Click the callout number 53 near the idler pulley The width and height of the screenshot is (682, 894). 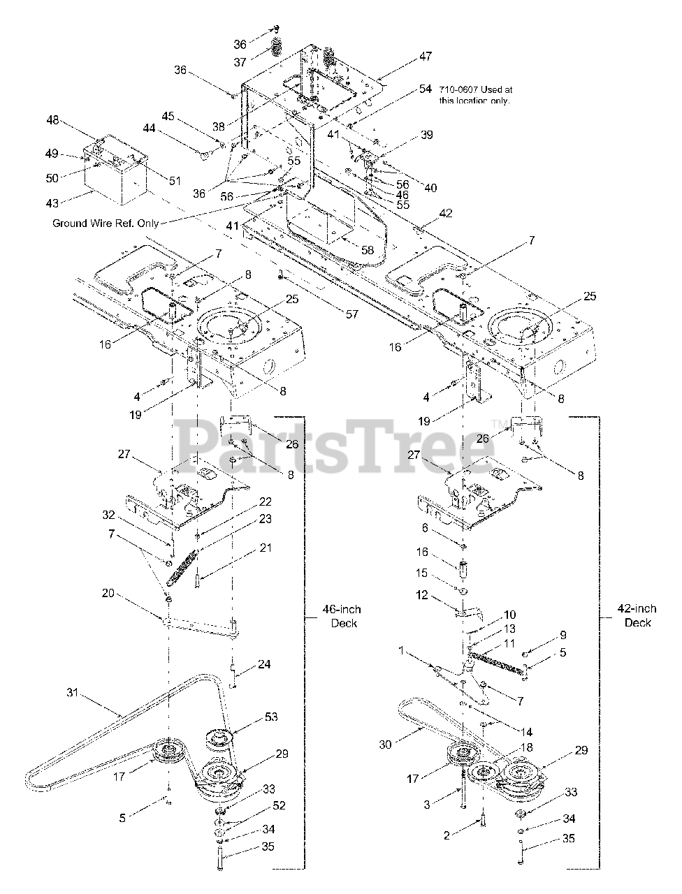[271, 717]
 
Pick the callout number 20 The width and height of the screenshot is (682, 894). [108, 594]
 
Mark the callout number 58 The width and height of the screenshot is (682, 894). [368, 249]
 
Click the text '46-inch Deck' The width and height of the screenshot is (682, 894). [342, 616]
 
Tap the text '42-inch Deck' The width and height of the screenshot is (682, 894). [637, 616]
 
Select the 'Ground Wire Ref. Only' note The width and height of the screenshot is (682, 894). [106, 223]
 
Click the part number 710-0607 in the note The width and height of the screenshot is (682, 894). [458, 89]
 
